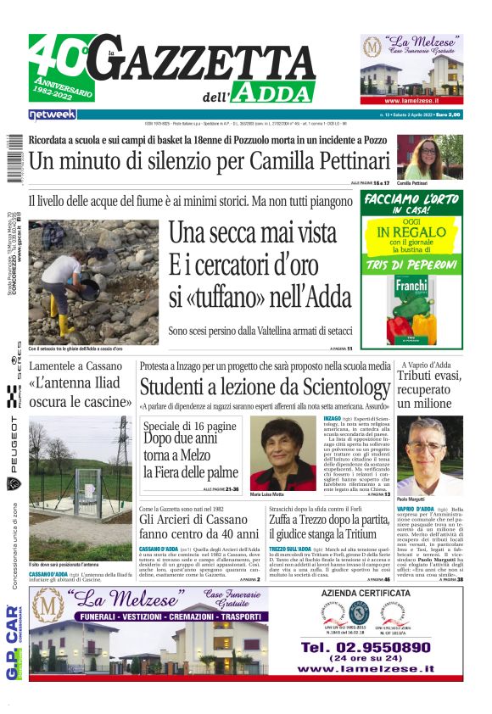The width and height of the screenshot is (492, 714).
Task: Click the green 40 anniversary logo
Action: pyautogui.click(x=61, y=68)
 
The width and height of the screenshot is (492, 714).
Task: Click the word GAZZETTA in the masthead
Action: pyautogui.click(x=212, y=61)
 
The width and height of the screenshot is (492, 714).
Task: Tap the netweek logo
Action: pyautogui.click(x=53, y=114)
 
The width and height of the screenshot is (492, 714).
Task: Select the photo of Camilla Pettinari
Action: pyautogui.click(x=429, y=157)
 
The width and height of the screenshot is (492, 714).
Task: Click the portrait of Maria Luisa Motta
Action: pyautogui.click(x=283, y=453)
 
